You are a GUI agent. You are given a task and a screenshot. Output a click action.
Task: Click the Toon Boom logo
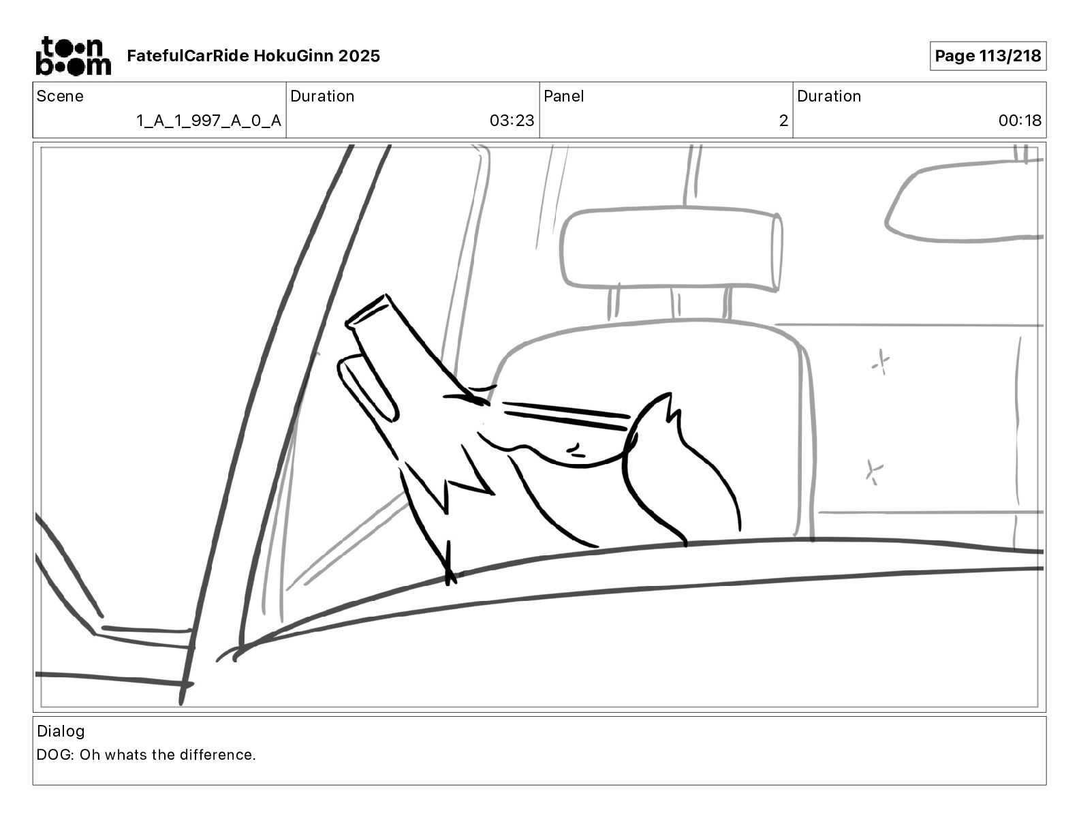coord(73,56)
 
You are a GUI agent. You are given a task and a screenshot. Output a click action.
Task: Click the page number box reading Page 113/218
coord(987,56)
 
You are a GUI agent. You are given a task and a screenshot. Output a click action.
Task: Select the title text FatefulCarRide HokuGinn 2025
coord(253,56)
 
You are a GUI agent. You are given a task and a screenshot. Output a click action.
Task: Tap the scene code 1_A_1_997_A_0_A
coord(208,121)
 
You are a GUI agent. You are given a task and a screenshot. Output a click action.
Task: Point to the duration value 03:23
coord(512,121)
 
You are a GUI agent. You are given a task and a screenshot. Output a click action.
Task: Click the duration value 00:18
coord(1020,121)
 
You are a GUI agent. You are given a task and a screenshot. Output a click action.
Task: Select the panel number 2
coord(783,121)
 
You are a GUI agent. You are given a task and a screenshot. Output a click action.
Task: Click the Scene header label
coord(60,96)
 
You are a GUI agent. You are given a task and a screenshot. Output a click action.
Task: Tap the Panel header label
coord(563,96)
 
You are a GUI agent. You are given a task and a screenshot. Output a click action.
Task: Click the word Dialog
coord(61,731)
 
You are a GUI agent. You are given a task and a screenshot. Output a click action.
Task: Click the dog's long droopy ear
coord(368,388)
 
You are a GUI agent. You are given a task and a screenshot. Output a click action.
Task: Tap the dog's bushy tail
coord(674,470)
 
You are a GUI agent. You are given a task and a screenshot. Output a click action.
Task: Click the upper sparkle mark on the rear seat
coord(881,362)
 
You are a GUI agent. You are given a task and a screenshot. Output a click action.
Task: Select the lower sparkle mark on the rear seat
coord(873,472)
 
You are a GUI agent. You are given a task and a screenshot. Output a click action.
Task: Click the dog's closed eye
coord(574,449)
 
